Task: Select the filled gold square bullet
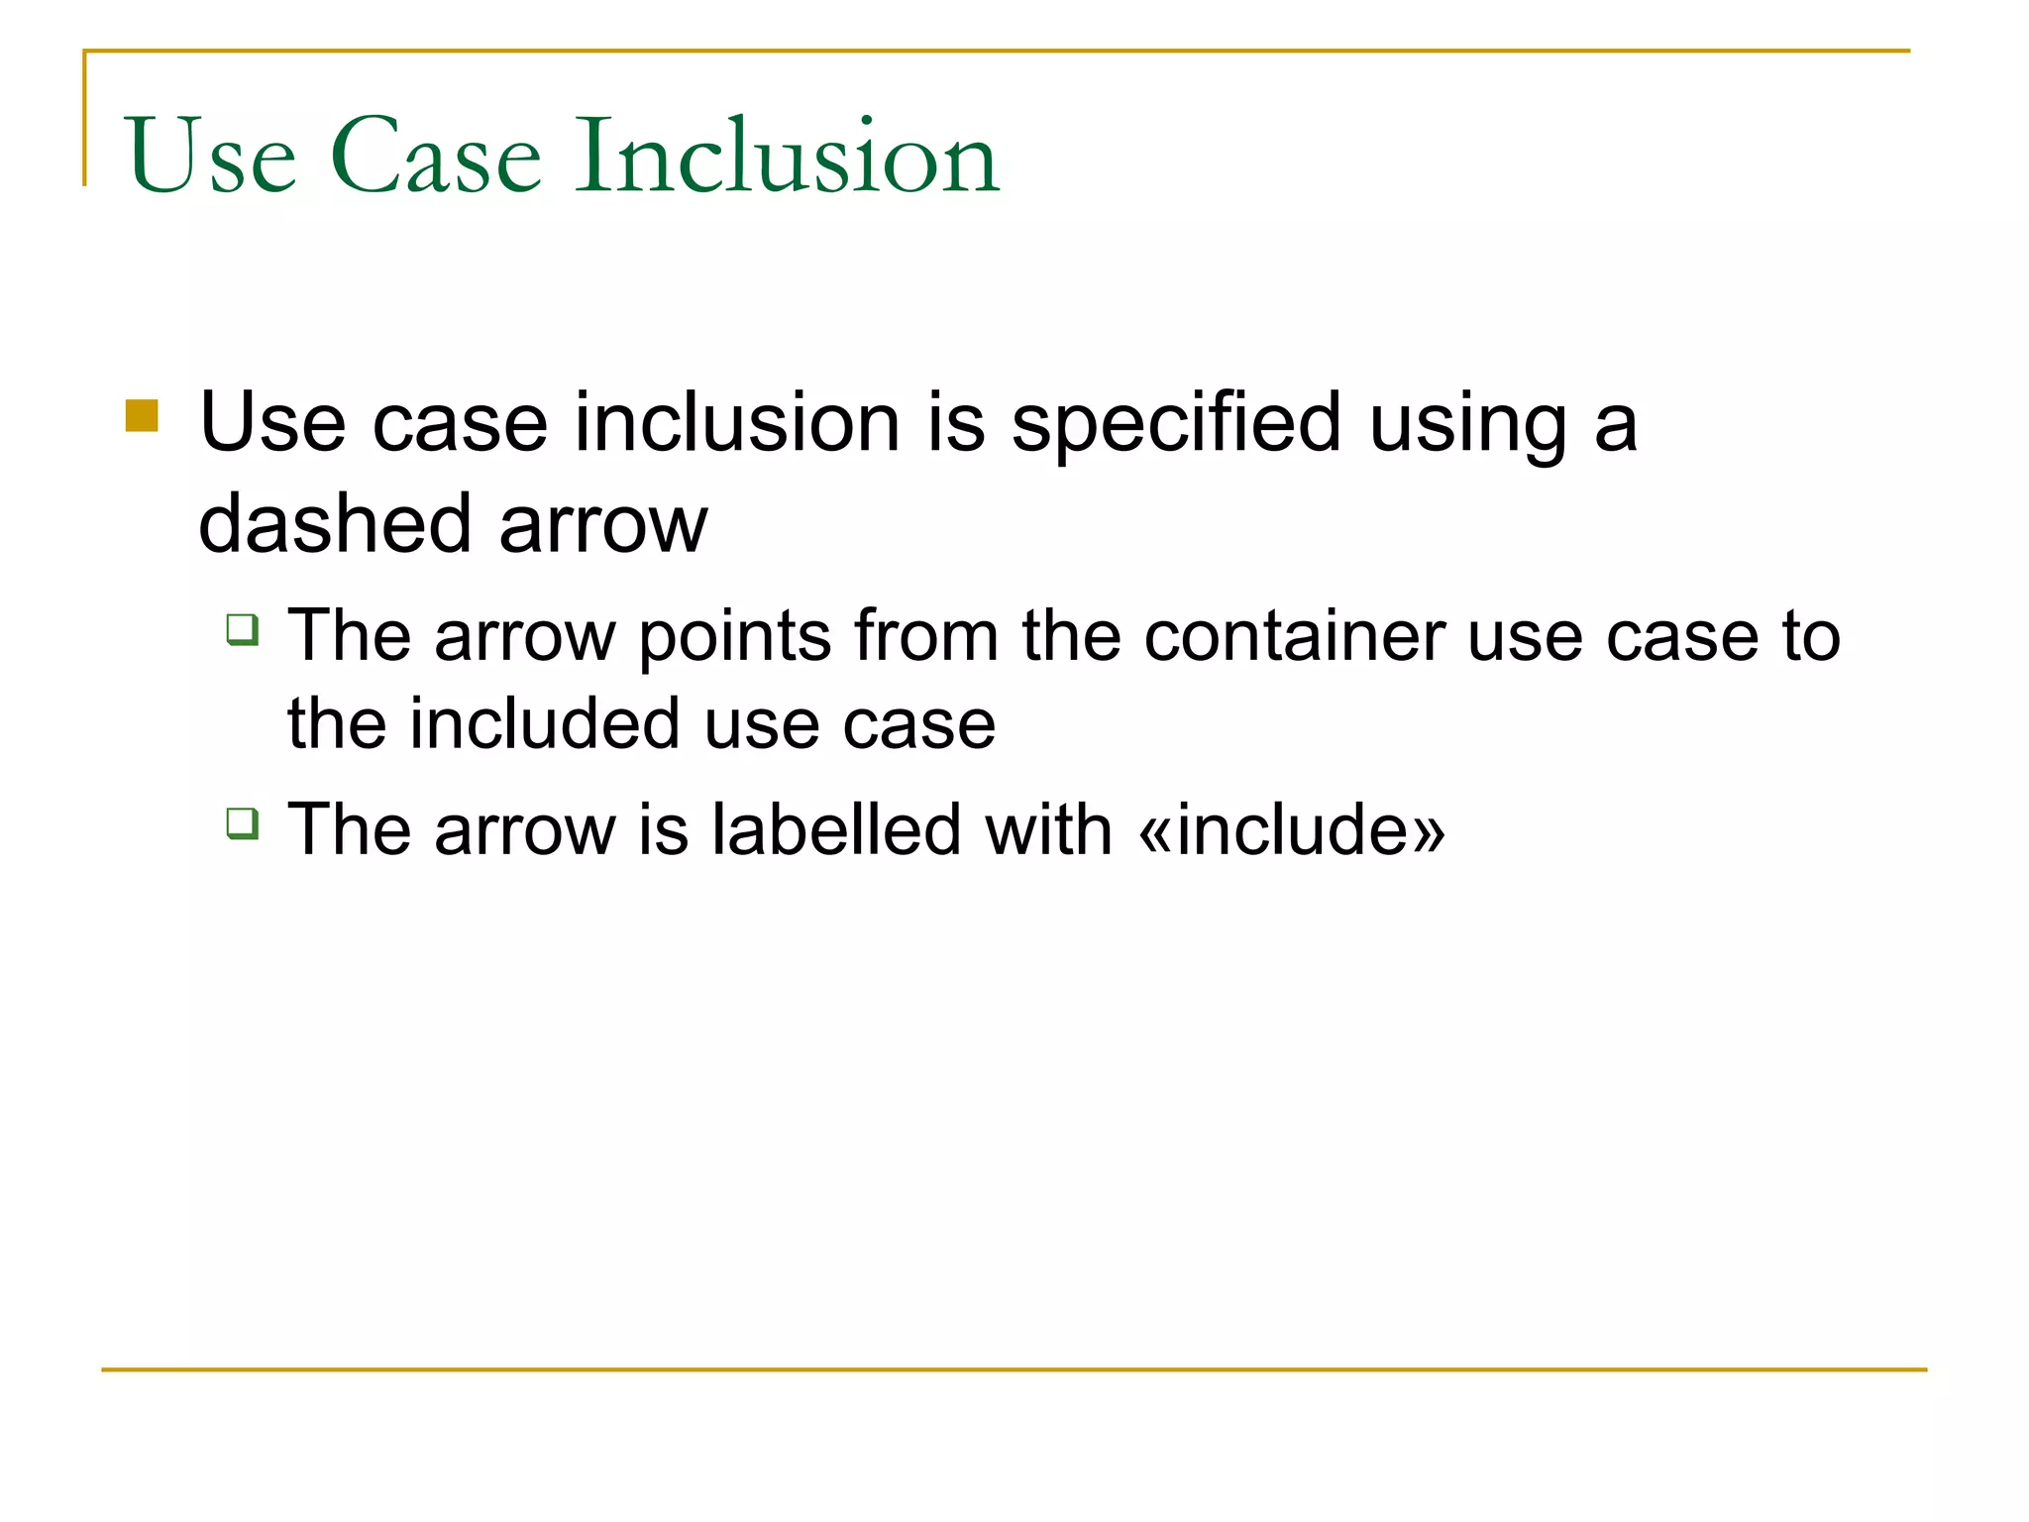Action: pos(143,416)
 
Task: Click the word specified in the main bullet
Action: pos(1176,424)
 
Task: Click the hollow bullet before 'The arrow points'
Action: pos(243,630)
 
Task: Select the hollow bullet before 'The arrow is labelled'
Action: pos(243,823)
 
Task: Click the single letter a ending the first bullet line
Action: pos(1616,424)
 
